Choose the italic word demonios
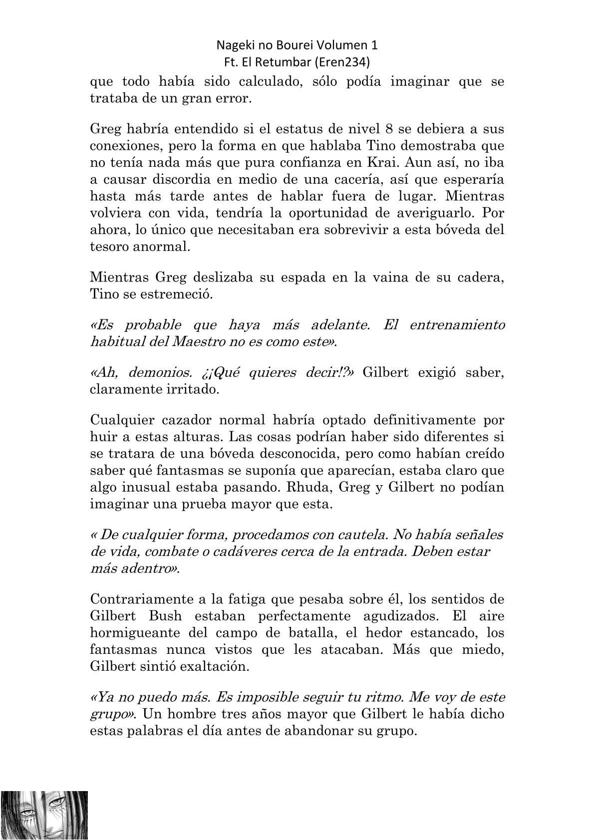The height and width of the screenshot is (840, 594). click(x=161, y=373)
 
